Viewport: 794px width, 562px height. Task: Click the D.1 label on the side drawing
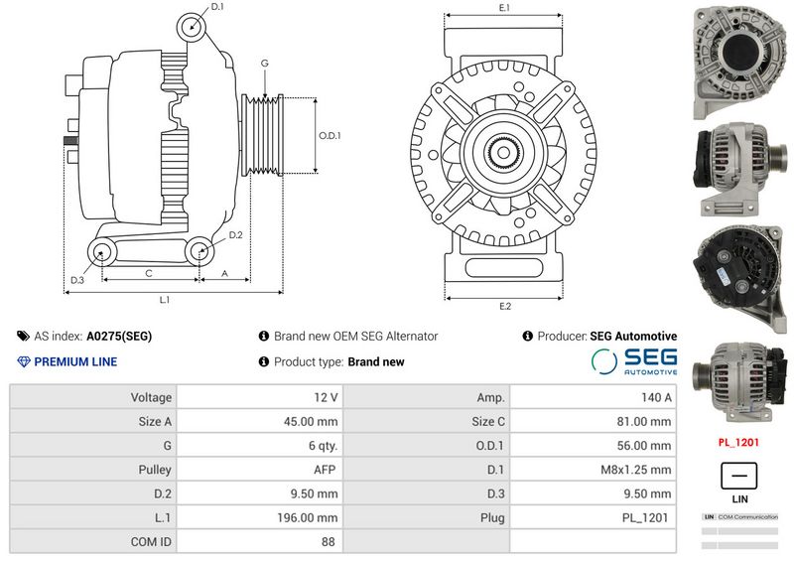click(x=217, y=7)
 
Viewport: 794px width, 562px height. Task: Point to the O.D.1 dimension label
click(x=330, y=135)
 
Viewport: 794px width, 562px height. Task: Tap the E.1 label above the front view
click(x=504, y=8)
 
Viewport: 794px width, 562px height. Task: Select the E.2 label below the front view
click(x=504, y=305)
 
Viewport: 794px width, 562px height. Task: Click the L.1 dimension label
click(x=165, y=299)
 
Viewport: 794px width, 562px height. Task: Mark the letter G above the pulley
click(x=264, y=64)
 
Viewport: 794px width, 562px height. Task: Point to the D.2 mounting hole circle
click(x=199, y=253)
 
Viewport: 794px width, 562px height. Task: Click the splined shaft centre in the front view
click(x=505, y=153)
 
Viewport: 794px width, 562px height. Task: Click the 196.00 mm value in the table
click(x=308, y=517)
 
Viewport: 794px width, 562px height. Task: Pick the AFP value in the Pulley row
click(x=325, y=469)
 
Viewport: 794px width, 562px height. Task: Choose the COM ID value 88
click(x=328, y=542)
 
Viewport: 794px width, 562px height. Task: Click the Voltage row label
click(x=151, y=397)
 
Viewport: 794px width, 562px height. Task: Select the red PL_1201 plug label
click(x=738, y=442)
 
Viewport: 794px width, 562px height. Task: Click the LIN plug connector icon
click(x=738, y=474)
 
